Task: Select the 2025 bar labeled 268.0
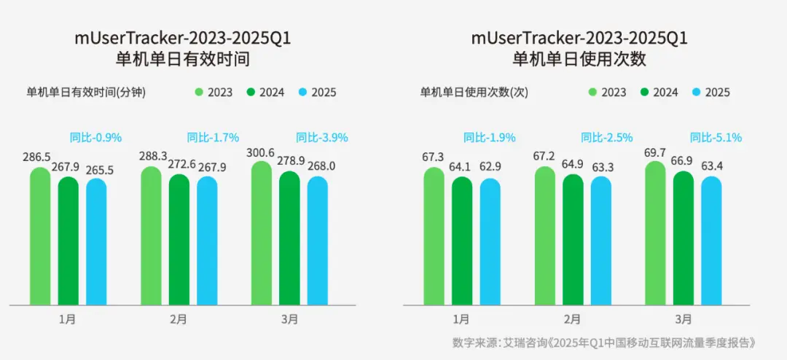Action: (321, 240)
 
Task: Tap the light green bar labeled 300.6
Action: (261, 233)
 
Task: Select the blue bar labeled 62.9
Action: (490, 241)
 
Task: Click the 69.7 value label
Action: (655, 152)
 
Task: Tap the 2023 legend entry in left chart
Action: (214, 93)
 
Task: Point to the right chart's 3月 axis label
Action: (684, 319)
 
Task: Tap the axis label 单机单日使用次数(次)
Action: (474, 93)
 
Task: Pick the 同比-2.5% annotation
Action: (606, 136)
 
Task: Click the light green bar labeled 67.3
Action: (434, 236)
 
